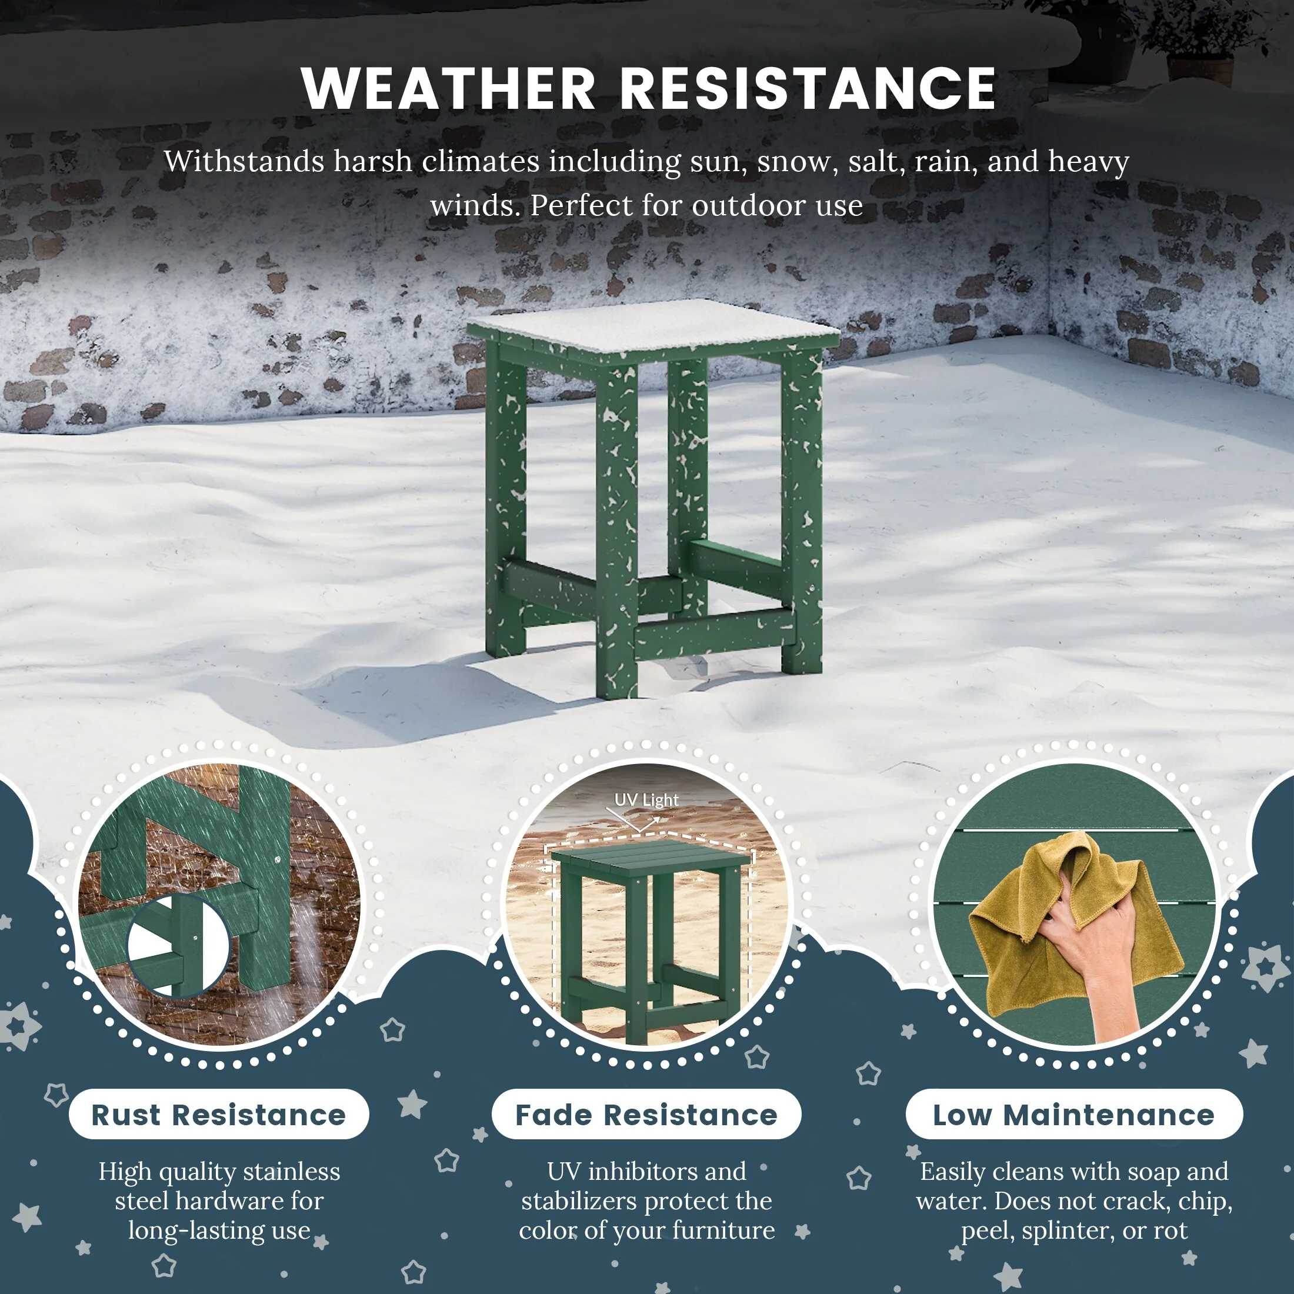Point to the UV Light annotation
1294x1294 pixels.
coord(646,800)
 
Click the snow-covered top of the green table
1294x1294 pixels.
coord(653,326)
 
